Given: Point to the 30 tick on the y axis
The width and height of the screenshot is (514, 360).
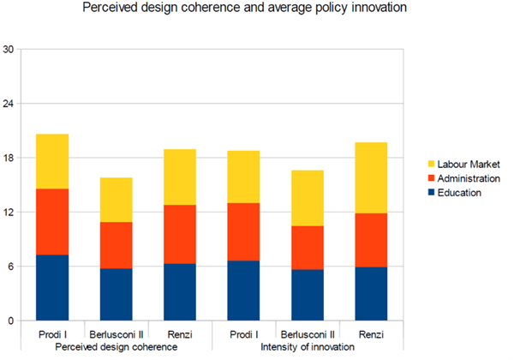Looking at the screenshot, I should [x=9, y=50].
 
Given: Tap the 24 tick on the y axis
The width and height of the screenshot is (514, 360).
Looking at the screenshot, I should [x=9, y=104].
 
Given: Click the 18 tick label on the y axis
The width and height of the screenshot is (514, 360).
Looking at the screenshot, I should [x=9, y=159].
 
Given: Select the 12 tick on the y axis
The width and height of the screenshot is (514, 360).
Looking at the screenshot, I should [x=9, y=213].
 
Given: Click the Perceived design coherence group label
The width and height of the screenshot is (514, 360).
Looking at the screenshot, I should [x=117, y=346].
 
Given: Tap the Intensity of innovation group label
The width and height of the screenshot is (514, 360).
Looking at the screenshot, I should [x=308, y=346].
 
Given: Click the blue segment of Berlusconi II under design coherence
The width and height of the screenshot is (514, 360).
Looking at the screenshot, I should [x=117, y=294].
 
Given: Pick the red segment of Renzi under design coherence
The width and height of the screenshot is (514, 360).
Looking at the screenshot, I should [x=180, y=234].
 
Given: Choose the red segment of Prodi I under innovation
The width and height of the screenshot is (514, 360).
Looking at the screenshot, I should [x=244, y=231].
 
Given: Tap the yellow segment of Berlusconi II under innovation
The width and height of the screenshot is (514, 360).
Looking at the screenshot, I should [x=308, y=198].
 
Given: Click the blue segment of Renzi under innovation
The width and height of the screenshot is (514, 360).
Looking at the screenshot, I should [x=371, y=293].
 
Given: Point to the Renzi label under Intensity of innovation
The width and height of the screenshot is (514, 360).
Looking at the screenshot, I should [x=371, y=333].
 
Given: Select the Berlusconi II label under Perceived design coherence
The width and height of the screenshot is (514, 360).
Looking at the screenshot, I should [x=117, y=333].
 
